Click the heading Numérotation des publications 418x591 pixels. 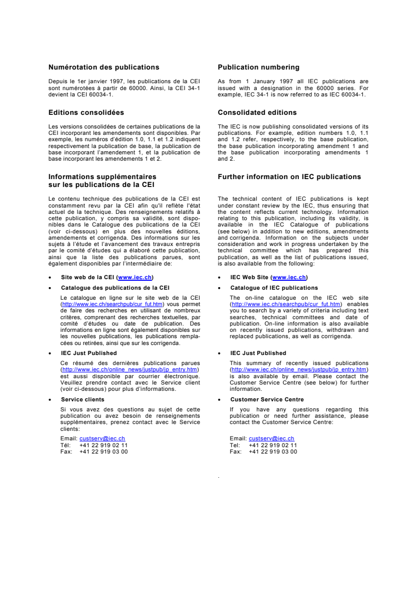pos(103,67)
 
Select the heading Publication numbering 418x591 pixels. pos(258,67)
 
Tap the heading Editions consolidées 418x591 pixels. pos(86,112)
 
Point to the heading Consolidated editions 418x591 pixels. pos(257,112)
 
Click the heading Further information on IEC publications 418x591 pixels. pos(289,177)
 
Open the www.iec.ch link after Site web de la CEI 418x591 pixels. pos(135,277)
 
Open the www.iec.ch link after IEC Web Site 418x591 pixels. pos(289,277)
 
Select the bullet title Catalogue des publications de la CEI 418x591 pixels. pos(115,288)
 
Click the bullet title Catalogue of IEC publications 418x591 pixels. pos(274,288)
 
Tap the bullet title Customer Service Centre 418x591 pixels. pos(267,399)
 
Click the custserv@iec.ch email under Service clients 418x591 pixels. pos(102,438)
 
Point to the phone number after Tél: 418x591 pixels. pos(103,445)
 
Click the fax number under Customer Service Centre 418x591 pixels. pos(273,451)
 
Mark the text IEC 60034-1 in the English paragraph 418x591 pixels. pos(348,94)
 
